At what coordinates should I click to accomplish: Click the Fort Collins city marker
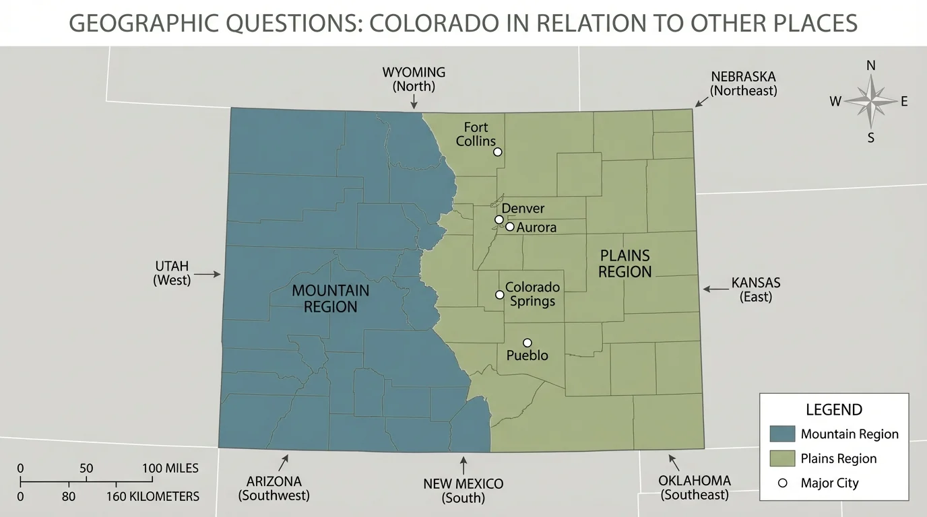click(x=498, y=151)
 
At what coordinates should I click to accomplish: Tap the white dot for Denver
click(x=499, y=219)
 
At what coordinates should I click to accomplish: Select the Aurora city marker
click(x=510, y=226)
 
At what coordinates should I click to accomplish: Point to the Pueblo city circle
click(x=528, y=343)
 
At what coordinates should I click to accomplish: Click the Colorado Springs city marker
click(x=499, y=294)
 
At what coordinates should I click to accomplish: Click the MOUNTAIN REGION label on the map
click(x=330, y=298)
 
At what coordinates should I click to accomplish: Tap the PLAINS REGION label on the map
click(x=625, y=263)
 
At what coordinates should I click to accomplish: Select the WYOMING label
click(x=414, y=73)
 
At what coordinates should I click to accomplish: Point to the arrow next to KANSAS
click(x=712, y=289)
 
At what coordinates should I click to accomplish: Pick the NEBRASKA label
click(x=743, y=77)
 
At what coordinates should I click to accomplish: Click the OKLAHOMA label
click(x=695, y=481)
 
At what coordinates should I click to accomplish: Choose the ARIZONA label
click(x=274, y=481)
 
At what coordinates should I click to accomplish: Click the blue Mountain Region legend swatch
click(x=781, y=434)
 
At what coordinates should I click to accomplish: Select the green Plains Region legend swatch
click(x=781, y=458)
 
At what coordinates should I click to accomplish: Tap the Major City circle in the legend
click(x=782, y=483)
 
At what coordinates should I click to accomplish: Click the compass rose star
click(x=870, y=102)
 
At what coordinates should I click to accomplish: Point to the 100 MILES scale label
click(x=170, y=469)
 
